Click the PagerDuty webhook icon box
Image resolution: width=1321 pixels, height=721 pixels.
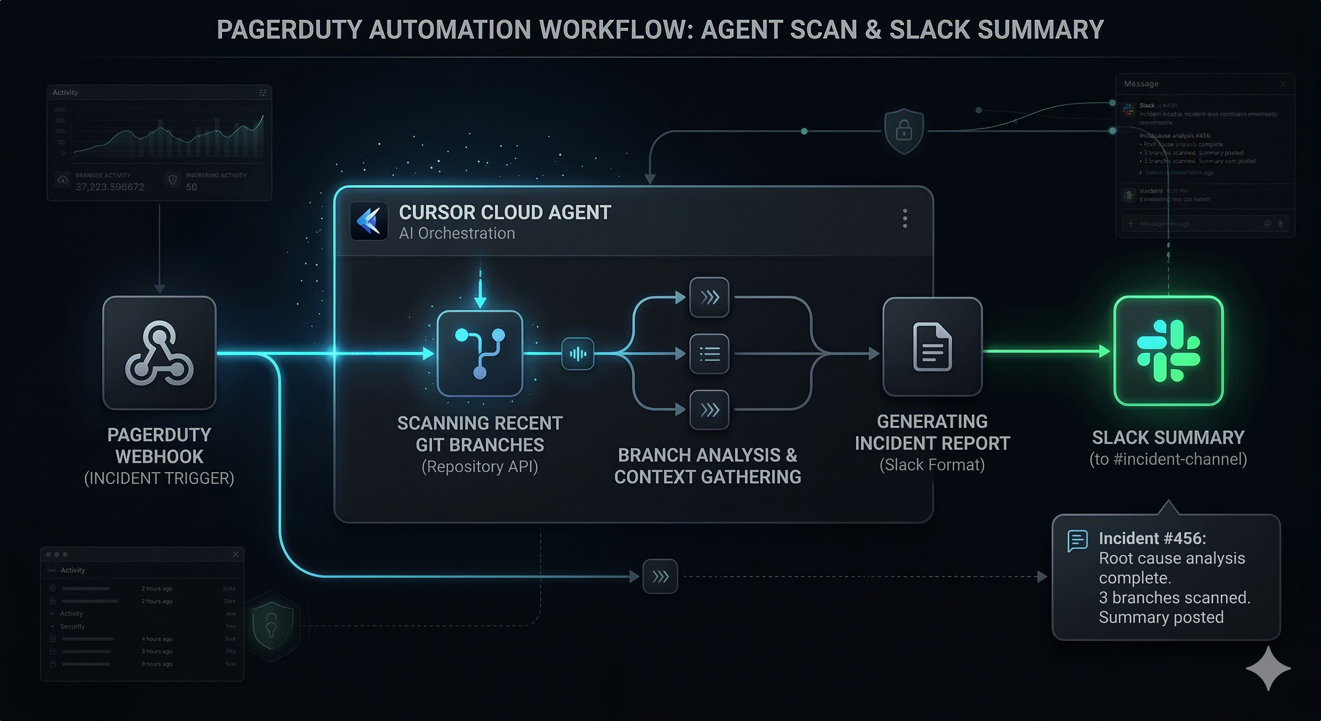click(x=159, y=353)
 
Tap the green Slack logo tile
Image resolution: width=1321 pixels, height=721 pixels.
click(x=1168, y=351)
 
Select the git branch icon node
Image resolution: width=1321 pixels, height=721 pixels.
click(x=479, y=353)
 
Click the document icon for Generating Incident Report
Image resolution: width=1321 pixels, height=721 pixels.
click(x=932, y=347)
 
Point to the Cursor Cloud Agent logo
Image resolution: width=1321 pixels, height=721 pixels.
click(x=369, y=221)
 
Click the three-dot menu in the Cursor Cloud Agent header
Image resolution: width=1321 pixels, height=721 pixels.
click(x=904, y=218)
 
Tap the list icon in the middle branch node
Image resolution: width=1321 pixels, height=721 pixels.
click(x=709, y=353)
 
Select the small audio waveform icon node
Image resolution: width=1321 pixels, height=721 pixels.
click(x=577, y=353)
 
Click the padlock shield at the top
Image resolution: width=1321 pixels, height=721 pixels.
click(x=903, y=130)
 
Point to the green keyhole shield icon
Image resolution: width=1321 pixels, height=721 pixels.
click(x=271, y=625)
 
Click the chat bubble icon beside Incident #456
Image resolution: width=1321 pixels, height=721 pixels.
click(x=1078, y=541)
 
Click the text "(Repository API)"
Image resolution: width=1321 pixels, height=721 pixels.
click(x=479, y=467)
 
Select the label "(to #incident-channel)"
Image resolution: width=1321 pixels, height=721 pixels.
click(x=1168, y=459)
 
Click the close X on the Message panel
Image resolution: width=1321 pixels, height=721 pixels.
click(x=1283, y=84)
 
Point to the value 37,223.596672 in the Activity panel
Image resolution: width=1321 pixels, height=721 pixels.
click(x=110, y=187)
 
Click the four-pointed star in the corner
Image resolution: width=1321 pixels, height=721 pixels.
click(x=1268, y=668)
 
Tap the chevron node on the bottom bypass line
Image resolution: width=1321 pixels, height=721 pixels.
click(x=660, y=576)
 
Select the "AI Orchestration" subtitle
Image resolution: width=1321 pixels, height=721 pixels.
click(x=456, y=233)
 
